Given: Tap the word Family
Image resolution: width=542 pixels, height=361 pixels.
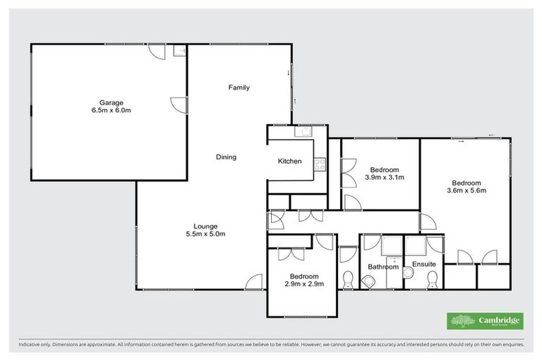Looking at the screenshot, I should (239, 87).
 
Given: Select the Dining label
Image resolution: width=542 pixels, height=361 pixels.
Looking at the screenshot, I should (226, 157).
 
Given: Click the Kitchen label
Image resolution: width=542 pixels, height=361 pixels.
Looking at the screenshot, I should (289, 161).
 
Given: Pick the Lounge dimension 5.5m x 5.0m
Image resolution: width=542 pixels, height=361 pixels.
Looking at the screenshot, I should (205, 234).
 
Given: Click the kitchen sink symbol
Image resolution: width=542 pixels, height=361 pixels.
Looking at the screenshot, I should (306, 130).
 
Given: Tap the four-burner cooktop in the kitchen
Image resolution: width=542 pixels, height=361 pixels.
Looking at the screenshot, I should (320, 165).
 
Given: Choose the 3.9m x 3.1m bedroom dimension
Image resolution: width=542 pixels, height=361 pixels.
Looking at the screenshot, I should (385, 178).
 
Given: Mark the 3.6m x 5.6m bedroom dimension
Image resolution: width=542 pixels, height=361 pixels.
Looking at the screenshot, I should (466, 190).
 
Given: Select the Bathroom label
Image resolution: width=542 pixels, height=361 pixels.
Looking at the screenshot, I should (383, 267).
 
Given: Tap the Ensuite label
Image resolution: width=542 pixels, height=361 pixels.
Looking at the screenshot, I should (425, 264).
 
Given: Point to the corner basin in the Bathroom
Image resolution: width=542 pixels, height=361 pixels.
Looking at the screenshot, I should (367, 282).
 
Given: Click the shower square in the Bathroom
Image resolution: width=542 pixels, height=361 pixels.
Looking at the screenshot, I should (390, 246).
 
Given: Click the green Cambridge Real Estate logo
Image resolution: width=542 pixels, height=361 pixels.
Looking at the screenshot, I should (486, 320).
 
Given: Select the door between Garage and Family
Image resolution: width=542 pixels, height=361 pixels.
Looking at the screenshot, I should (183, 104).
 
